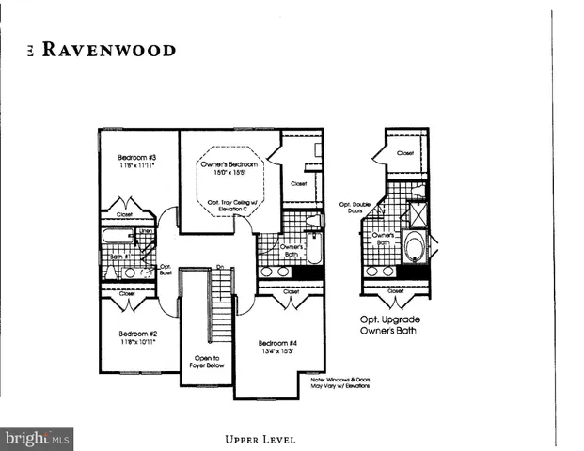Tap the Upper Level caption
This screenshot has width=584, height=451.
pos(260,439)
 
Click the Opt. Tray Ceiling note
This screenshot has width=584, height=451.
pos(223,205)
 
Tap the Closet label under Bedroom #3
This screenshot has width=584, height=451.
pos(125,214)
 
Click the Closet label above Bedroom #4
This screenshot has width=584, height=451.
pos(292,292)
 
